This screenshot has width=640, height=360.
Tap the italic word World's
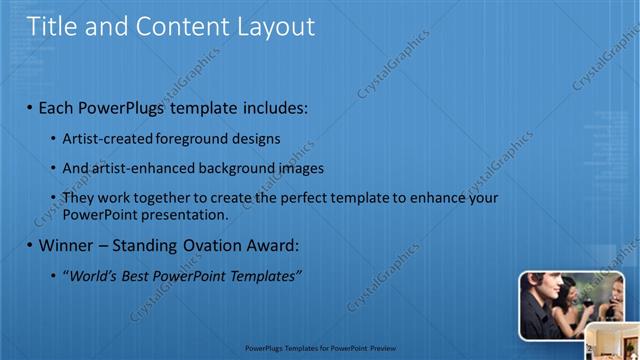(91, 275)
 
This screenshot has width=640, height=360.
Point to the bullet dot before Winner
(29, 245)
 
